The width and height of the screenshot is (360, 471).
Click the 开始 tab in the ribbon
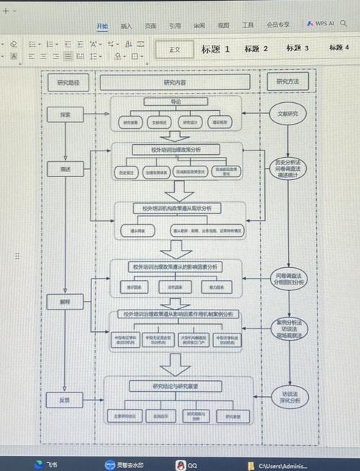click(102, 25)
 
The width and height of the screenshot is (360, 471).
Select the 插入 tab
click(127, 25)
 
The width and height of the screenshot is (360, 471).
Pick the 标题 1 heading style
click(215, 49)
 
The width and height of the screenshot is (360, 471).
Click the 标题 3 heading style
click(297, 48)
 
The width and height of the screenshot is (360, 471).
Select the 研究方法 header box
click(287, 82)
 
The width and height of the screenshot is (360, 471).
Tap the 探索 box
click(64, 115)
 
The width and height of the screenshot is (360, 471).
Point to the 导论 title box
click(176, 102)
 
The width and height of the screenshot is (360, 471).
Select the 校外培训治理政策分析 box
click(176, 150)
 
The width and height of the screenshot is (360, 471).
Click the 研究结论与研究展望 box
click(176, 386)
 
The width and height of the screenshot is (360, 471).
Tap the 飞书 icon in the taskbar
click(45, 465)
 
